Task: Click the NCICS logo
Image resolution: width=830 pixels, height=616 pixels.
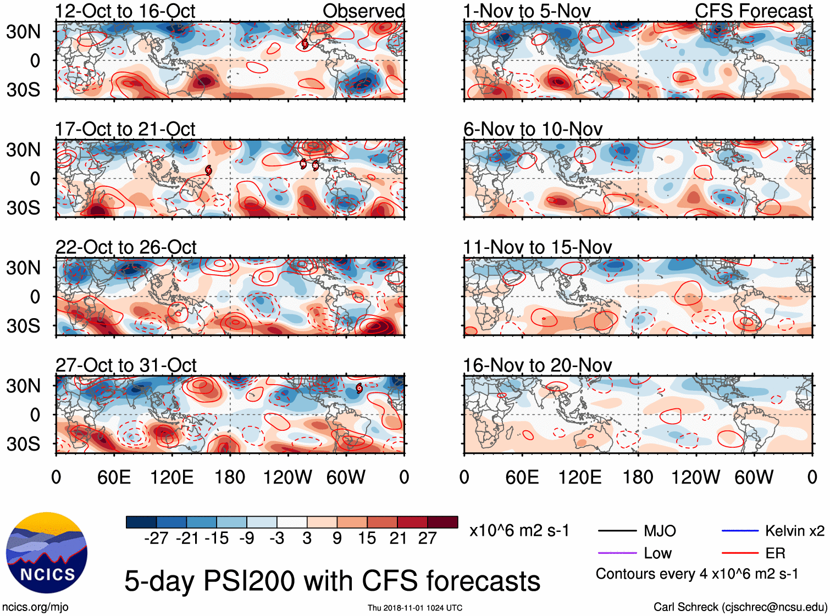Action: pyautogui.click(x=47, y=553)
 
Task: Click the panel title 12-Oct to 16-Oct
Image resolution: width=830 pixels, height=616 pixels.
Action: pyautogui.click(x=125, y=11)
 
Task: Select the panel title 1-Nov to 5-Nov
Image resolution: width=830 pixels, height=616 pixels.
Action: pyautogui.click(x=527, y=11)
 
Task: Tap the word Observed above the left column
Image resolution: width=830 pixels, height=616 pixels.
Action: pyautogui.click(x=363, y=11)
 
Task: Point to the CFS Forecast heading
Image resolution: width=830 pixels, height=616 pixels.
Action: pyautogui.click(x=753, y=11)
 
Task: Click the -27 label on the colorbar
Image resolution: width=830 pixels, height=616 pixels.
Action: pyautogui.click(x=156, y=539)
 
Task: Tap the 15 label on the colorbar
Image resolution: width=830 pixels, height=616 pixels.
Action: pyautogui.click(x=367, y=539)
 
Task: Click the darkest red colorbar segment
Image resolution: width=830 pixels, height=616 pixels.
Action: pyautogui.click(x=442, y=522)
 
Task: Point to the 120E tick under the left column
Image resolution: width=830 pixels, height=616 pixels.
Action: pyautogui.click(x=172, y=477)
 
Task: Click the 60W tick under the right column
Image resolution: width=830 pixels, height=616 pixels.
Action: pyautogui.click(x=754, y=477)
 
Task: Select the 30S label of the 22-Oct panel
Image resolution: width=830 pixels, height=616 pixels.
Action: pyautogui.click(x=23, y=326)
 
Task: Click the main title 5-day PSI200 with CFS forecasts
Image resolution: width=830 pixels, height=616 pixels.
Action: pyautogui.click(x=332, y=581)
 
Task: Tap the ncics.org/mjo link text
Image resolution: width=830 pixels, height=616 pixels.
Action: pyautogui.click(x=35, y=607)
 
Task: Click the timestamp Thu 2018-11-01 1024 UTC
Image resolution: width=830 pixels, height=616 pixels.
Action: pyautogui.click(x=415, y=608)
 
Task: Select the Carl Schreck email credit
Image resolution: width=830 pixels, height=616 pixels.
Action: pyautogui.click(x=740, y=607)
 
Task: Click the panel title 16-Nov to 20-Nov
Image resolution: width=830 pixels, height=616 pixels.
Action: pyautogui.click(x=537, y=365)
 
